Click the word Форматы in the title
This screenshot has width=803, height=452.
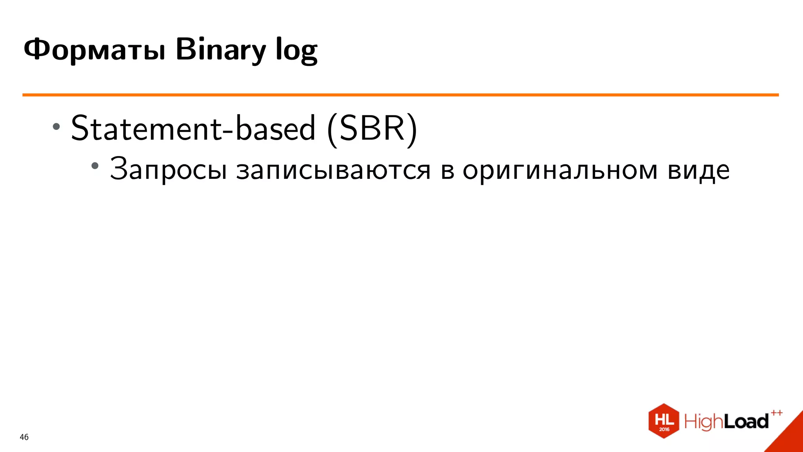(94, 50)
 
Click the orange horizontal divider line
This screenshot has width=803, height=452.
(400, 95)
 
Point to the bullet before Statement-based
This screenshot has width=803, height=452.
(56, 126)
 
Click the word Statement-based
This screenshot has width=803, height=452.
(193, 128)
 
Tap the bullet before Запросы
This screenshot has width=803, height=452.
(95, 166)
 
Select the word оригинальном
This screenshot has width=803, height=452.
(560, 170)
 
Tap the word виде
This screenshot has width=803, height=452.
(699, 170)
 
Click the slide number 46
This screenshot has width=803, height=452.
(24, 437)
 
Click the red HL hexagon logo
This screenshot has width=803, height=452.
(663, 420)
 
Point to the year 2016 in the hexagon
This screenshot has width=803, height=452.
(664, 429)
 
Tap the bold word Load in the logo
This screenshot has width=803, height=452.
(745, 422)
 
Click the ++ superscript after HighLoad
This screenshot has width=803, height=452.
(776, 413)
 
